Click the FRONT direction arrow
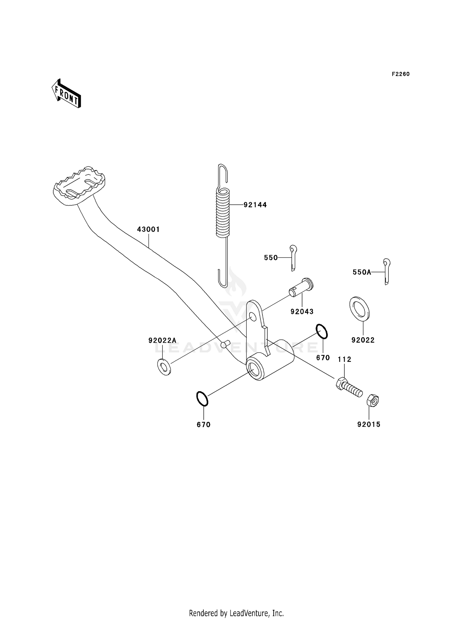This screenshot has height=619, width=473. (x=67, y=94)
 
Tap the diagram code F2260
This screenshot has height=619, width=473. (x=400, y=74)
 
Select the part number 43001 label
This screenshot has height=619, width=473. (x=148, y=229)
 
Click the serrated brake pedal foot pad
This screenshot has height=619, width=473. (x=79, y=186)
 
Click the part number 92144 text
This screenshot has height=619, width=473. (x=255, y=205)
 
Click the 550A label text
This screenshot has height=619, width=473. (x=362, y=272)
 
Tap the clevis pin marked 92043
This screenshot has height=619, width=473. (x=301, y=287)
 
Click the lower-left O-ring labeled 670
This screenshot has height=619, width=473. (x=202, y=398)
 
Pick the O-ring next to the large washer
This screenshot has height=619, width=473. (x=322, y=332)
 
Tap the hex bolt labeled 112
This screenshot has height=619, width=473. (x=349, y=387)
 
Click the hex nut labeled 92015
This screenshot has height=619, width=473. (x=372, y=401)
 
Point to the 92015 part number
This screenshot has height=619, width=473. (x=369, y=424)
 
